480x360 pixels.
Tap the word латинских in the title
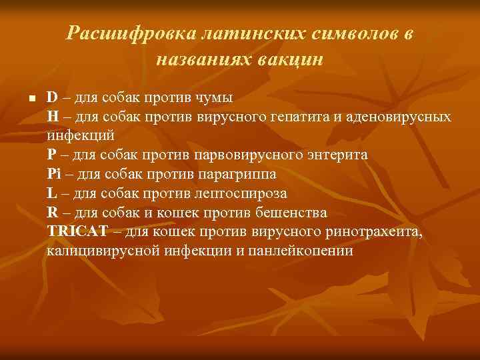tap(230, 34)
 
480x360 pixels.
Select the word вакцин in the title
tap(292, 59)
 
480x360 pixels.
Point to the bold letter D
tap(52, 97)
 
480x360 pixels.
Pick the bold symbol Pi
tap(54, 174)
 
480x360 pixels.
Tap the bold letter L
tap(51, 193)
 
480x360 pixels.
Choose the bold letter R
tap(52, 213)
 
